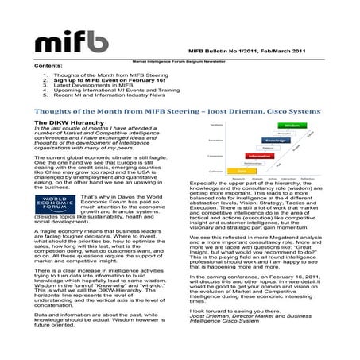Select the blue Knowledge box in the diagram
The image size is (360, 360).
pos(272,141)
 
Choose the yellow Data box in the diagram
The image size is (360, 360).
pos(242,171)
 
